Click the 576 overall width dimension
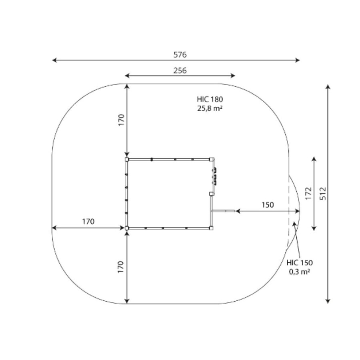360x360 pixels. point(180,55)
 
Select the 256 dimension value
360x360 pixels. point(180,70)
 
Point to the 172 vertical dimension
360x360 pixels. point(308,194)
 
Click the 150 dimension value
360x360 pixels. point(268,204)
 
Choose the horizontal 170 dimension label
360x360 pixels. point(88,222)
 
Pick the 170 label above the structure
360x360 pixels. point(121,120)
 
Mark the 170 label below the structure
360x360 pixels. point(120,267)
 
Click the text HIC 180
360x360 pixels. point(210,99)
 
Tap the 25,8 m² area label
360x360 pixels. point(210,108)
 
